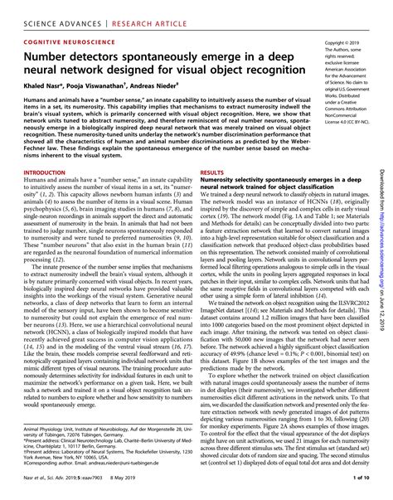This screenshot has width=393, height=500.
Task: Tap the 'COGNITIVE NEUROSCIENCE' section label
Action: [65, 41]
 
